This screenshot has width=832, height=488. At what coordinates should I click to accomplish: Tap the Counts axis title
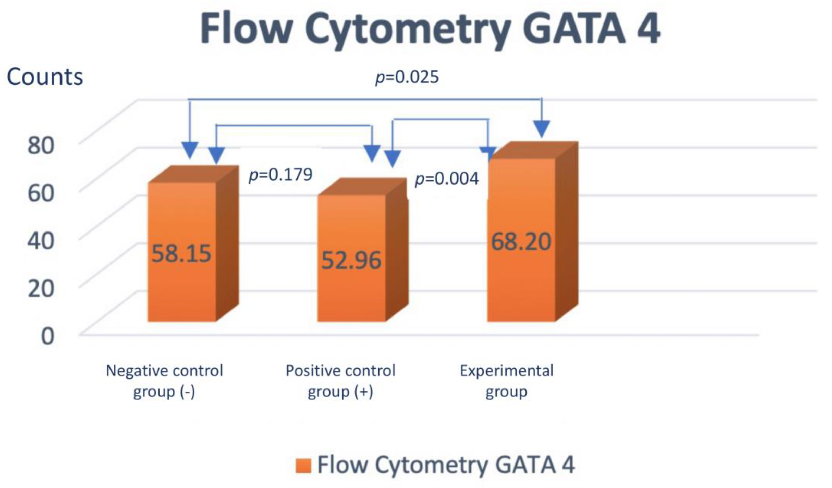tap(45, 77)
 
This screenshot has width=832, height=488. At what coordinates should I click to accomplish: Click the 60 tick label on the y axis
tap(41, 193)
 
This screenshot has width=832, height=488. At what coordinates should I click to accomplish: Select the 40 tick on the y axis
tap(41, 241)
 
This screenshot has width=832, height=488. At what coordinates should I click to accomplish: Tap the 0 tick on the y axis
tap(47, 336)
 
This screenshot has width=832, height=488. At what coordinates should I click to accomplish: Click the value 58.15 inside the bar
tap(181, 254)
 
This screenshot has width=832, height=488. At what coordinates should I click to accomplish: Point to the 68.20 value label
tap(521, 242)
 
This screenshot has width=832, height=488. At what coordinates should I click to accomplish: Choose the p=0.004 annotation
tap(447, 179)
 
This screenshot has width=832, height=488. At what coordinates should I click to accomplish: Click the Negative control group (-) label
tap(164, 381)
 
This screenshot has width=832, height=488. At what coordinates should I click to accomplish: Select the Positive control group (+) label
tap(340, 381)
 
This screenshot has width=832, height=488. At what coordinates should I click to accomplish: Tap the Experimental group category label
tap(506, 381)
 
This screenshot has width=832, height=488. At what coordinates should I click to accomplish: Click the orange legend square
tap(303, 466)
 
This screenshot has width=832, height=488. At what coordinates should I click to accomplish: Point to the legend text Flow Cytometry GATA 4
tap(446, 465)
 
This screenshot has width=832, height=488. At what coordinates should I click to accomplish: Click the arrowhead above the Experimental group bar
tap(542, 129)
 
